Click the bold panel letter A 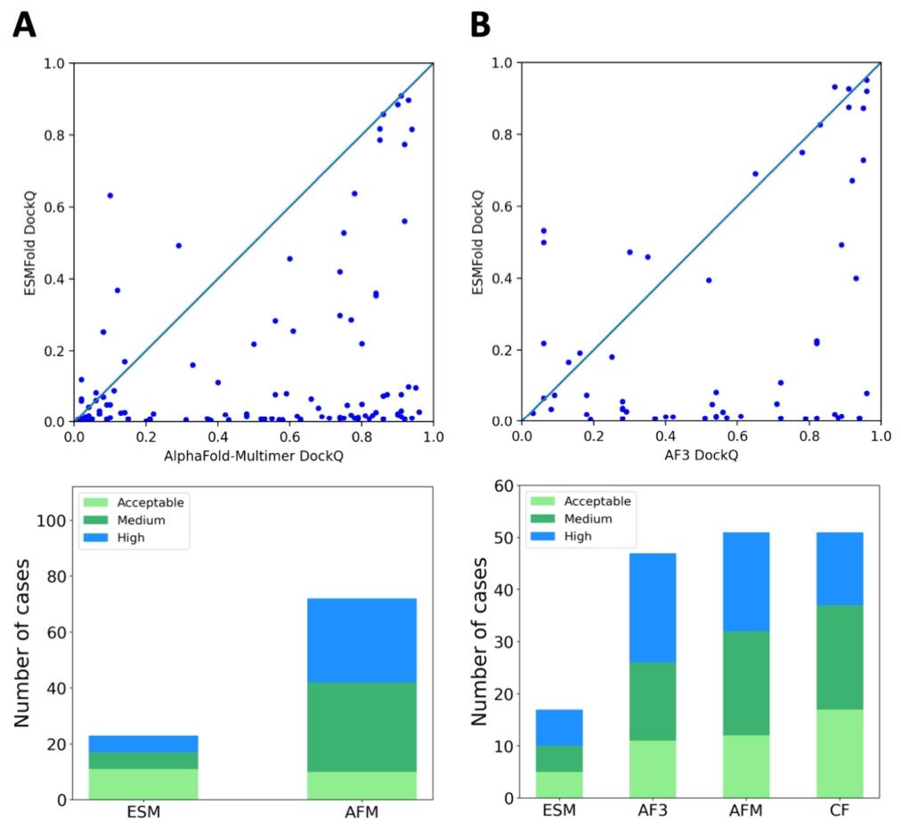[x=24, y=25]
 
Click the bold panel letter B [x=481, y=25]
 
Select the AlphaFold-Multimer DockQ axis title [x=254, y=456]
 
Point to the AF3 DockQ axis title [x=701, y=456]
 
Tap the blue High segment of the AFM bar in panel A [x=362, y=641]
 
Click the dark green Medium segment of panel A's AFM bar [x=362, y=727]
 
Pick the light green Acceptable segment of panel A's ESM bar [x=143, y=783]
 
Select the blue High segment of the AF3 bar [x=653, y=608]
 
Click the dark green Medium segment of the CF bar [x=840, y=657]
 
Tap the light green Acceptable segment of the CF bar [x=840, y=754]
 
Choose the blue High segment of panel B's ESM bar [x=559, y=728]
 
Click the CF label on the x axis [x=840, y=811]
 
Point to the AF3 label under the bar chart [x=653, y=811]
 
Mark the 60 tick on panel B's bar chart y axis [x=503, y=486]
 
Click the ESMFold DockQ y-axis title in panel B [x=477, y=243]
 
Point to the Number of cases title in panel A [x=21, y=643]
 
